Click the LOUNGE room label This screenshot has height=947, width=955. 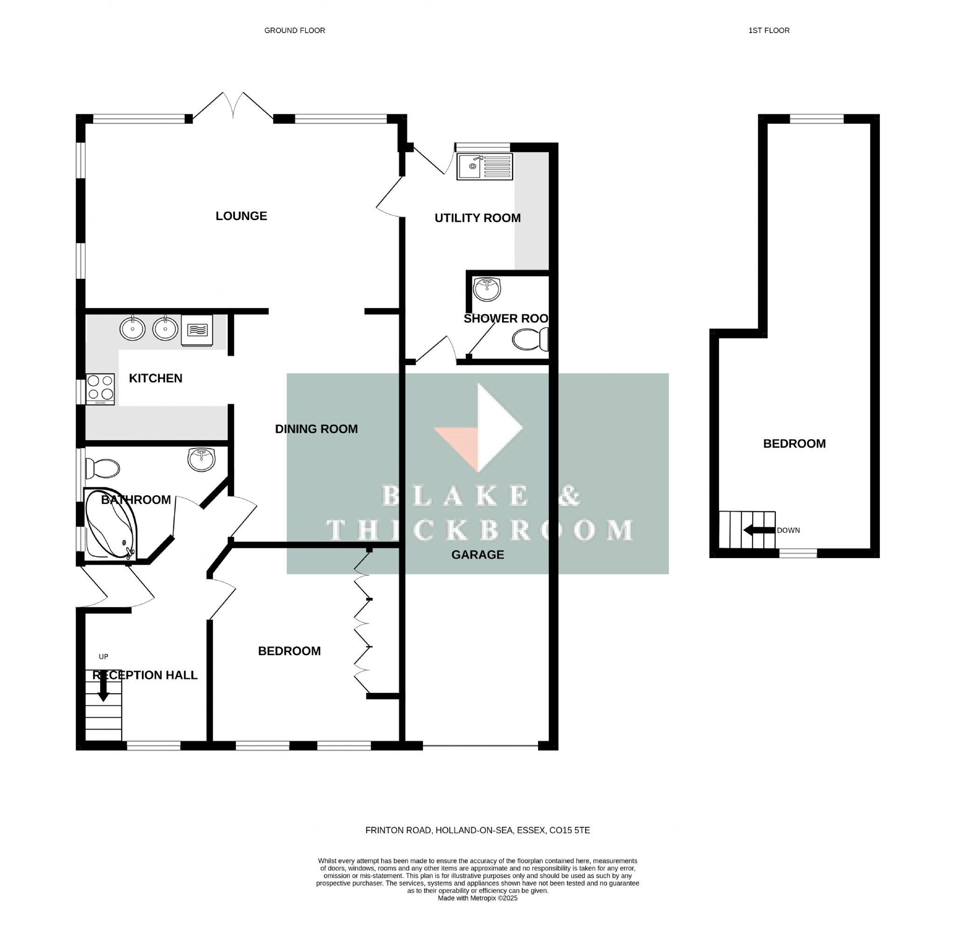(241, 216)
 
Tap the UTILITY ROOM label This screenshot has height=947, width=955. (477, 218)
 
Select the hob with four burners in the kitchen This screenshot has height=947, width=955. (100, 389)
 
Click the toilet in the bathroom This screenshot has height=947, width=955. (102, 468)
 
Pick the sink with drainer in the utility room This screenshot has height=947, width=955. (484, 166)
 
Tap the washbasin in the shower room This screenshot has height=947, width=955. (487, 289)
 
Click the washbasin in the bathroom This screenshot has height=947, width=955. (201, 459)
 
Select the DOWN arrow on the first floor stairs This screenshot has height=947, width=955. (759, 530)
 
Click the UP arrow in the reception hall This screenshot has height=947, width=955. (104, 687)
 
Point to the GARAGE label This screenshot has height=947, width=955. (477, 554)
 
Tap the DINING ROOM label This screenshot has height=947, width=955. (316, 429)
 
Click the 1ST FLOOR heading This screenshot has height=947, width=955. (768, 31)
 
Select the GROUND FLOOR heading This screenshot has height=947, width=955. (295, 31)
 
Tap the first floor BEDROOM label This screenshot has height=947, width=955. (794, 444)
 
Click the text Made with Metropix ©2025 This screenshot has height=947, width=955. (477, 912)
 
